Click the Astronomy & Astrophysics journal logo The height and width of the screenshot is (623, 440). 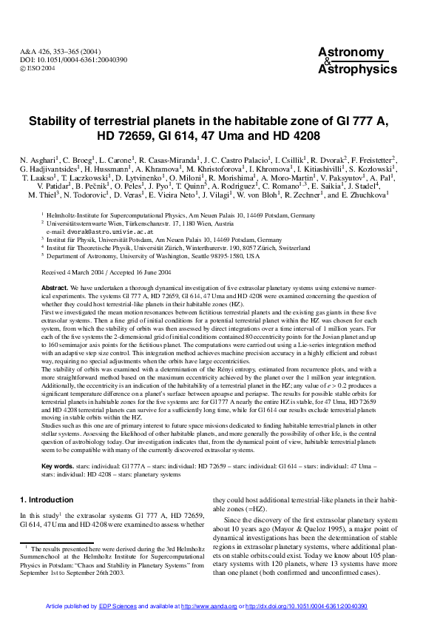tap(346, 60)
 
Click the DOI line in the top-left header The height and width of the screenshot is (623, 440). tap(62, 59)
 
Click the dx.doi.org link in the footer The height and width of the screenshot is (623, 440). tap(307, 605)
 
